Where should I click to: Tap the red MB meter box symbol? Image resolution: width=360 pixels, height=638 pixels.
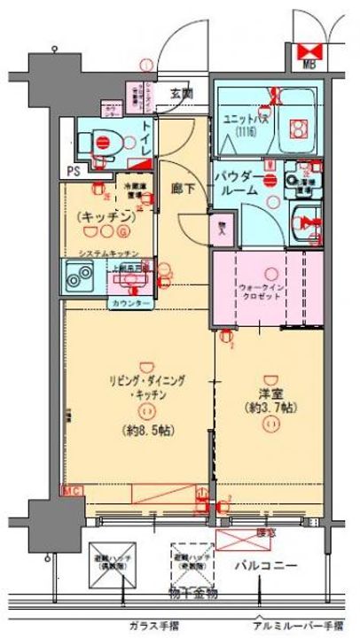[x=309, y=51]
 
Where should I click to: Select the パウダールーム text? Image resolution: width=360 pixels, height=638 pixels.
[x=236, y=184]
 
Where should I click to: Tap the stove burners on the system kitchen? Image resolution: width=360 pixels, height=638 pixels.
[x=76, y=278]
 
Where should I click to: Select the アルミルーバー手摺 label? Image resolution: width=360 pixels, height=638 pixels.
[x=299, y=624]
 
